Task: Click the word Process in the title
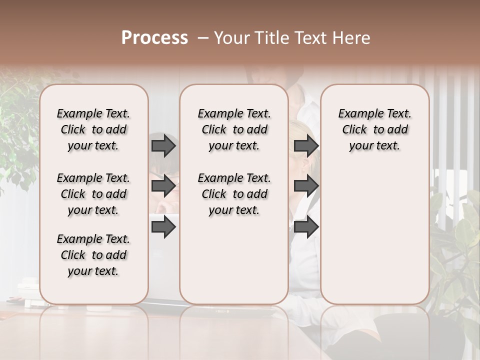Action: click(154, 38)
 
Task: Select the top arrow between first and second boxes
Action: click(163, 146)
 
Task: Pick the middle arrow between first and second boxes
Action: click(163, 186)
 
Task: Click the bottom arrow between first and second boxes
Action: click(163, 226)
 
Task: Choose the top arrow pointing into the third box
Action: click(306, 146)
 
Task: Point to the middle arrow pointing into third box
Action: click(306, 186)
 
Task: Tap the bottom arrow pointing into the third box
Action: click(306, 226)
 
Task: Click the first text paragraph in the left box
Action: click(93, 129)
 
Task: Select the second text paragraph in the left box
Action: click(93, 194)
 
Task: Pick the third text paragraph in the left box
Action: click(93, 255)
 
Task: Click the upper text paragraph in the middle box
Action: click(234, 129)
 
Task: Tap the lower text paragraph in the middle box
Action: click(234, 194)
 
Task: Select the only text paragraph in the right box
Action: click(374, 129)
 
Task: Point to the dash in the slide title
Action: click(203, 38)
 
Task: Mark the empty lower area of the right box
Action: click(374, 235)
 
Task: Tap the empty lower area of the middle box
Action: click(234, 260)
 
